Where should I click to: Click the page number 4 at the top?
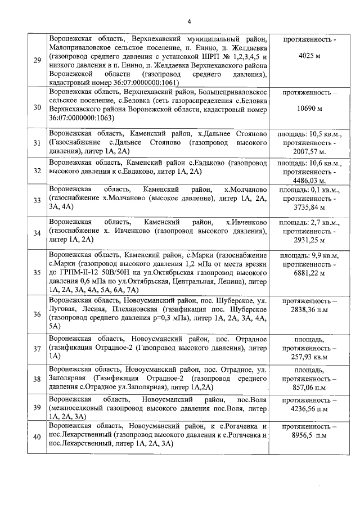[189, 22]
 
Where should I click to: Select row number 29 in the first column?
[37, 61]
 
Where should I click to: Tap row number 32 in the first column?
[37, 171]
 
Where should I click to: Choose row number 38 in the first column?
[37, 379]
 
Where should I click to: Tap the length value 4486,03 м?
[310, 181]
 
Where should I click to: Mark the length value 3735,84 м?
[310, 208]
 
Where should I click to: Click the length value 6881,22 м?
[310, 274]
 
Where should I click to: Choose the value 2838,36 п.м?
[310, 309]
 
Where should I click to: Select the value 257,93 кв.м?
[310, 357]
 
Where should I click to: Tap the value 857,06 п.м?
[310, 388]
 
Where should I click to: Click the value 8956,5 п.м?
[310, 436]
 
